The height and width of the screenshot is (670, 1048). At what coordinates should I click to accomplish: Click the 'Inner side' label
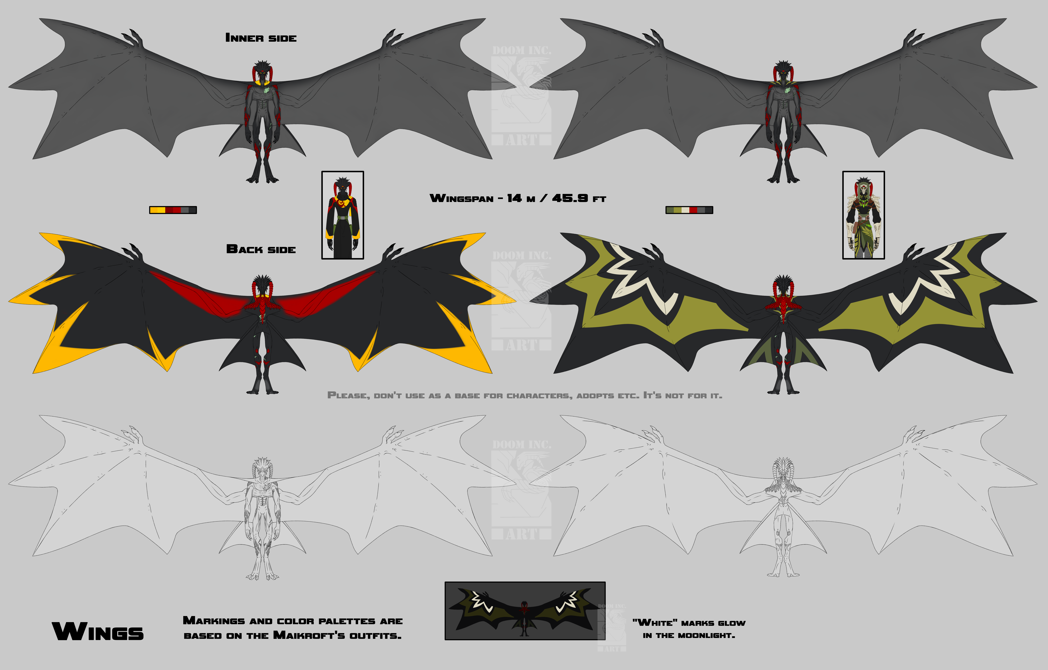tap(261, 38)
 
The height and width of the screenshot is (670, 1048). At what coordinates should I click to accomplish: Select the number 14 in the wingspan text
tap(514, 198)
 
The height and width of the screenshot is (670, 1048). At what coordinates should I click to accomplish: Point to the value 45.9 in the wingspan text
tap(570, 198)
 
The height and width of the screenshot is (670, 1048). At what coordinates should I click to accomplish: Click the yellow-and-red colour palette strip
tap(173, 210)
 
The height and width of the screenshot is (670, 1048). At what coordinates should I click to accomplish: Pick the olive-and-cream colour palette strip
tap(689, 210)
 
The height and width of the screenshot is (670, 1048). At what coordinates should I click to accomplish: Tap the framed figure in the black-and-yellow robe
tap(343, 215)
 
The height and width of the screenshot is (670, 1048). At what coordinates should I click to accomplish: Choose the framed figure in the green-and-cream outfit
tap(864, 215)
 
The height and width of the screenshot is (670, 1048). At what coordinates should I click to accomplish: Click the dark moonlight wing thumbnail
tap(525, 611)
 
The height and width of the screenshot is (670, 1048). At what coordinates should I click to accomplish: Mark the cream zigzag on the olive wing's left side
tap(640, 278)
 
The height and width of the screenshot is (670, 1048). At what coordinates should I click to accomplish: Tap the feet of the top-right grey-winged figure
tap(783, 178)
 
